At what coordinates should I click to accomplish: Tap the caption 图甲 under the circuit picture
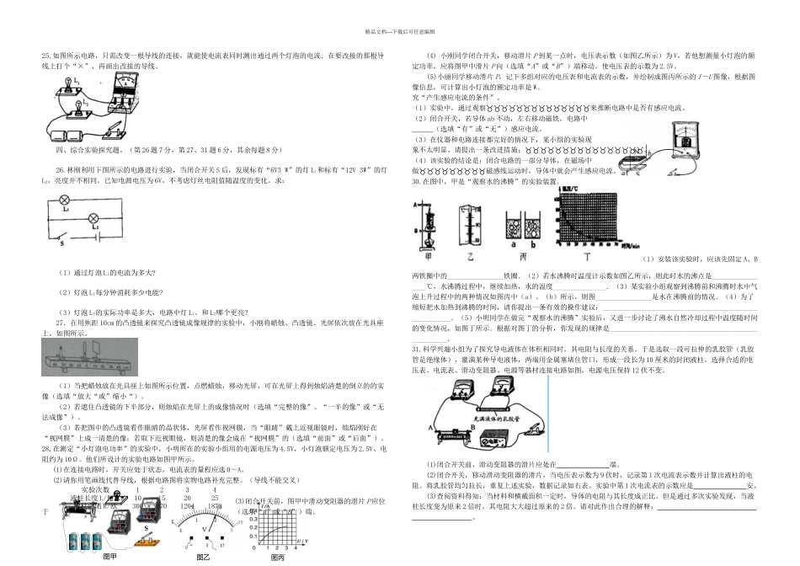[109, 557]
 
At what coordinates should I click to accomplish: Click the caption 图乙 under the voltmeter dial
[203, 557]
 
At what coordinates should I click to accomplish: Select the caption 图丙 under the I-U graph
[277, 557]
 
